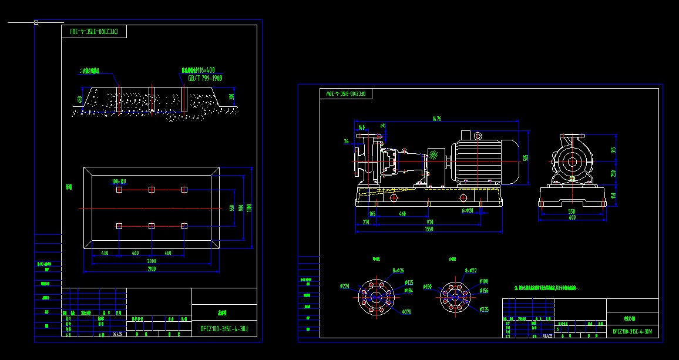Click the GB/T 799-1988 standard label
point(205,78)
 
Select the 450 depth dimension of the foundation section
point(80,99)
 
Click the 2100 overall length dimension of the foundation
point(152,269)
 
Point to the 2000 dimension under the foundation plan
point(152,261)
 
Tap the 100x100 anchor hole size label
point(119,181)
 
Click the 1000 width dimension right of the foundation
point(249,207)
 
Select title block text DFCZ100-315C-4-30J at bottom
point(224,329)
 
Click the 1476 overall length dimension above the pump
point(436,119)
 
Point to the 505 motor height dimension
point(526,157)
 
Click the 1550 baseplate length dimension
point(429,230)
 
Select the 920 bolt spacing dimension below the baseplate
point(430,222)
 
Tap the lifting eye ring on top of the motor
point(478,136)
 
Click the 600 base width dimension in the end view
point(572,217)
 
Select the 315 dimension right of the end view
point(613,150)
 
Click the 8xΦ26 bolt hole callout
point(398,271)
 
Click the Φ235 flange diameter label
point(484,309)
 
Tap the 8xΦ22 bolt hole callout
point(470,271)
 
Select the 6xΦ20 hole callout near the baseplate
point(467,210)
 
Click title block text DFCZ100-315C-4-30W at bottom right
point(632,331)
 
